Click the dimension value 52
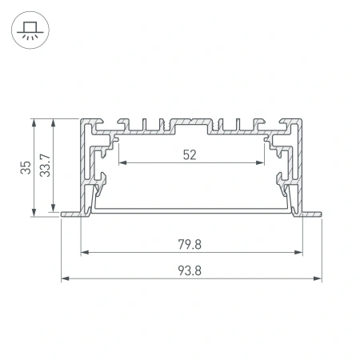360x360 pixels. pos(190,155)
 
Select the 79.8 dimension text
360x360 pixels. pos(190,244)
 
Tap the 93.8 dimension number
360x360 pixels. pos(190,270)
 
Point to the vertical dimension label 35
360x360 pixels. pos(26,167)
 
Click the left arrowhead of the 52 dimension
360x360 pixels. pos(122,163)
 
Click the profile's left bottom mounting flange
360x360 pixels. pos(70,214)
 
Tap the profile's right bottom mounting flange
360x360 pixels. pos(311,214)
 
